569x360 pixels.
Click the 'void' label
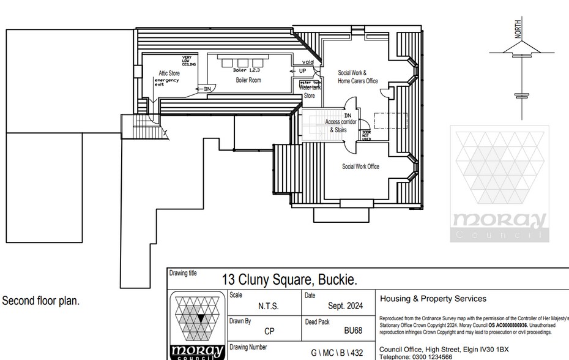[308, 62]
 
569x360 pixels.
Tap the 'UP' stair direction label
[302, 71]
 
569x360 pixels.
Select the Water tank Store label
[309, 92]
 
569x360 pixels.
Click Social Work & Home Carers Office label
[358, 77]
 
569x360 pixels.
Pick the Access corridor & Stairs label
[341, 126]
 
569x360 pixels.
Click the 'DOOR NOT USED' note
[366, 135]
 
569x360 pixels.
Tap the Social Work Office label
[360, 167]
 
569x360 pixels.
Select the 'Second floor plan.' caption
[41, 301]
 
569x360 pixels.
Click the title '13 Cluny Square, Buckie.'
[289, 280]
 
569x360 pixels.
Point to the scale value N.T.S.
[269, 307]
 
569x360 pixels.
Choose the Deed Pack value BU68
[353, 331]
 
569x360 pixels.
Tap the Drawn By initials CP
[269, 331]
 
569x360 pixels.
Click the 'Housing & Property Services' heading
[433, 299]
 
